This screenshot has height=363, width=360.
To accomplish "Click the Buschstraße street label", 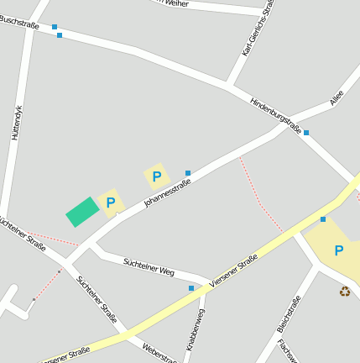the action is tap(19, 18).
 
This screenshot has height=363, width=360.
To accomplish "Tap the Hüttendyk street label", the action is tap(15, 122).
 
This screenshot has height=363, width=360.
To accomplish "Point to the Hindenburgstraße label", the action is tap(275, 114).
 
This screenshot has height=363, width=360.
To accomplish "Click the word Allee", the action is tap(337, 97).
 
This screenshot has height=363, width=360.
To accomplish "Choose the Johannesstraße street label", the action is tap(168, 188).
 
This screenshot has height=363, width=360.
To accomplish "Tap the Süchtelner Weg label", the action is tap(149, 267).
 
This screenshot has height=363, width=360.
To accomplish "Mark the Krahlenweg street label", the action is tap(195, 329).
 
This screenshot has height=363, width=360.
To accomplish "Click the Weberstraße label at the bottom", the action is tap(159, 352).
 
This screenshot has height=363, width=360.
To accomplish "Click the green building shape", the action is tap(82, 212).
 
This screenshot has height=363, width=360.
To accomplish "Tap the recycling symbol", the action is tap(345, 292).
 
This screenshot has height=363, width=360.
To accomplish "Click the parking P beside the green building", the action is tap(110, 203).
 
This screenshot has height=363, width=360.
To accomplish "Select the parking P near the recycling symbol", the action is tap(338, 250).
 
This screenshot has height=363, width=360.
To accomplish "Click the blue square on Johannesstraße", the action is tap(187, 173).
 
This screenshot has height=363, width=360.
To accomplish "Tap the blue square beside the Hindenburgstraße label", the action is tap(306, 133).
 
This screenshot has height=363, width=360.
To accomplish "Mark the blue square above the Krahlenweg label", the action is tap(191, 288).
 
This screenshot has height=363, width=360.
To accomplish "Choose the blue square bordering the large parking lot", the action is tap(323, 219).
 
